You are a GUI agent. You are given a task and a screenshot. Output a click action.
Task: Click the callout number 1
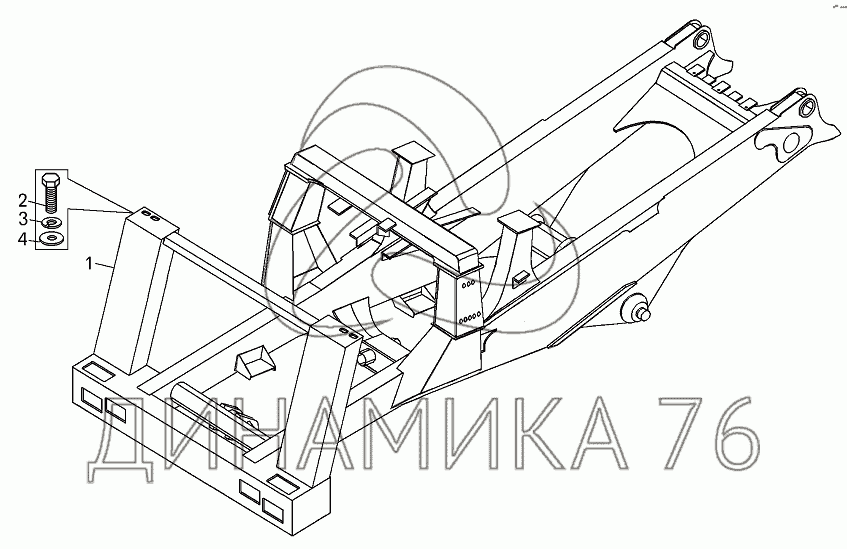(90, 264)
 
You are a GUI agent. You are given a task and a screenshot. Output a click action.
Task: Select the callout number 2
(23, 201)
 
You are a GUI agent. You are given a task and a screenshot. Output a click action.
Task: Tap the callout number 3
(23, 219)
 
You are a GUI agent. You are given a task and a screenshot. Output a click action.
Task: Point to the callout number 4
(23, 238)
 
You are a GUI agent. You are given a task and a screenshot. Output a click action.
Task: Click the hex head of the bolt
(50, 179)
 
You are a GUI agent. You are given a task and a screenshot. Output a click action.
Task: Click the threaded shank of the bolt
(50, 199)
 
